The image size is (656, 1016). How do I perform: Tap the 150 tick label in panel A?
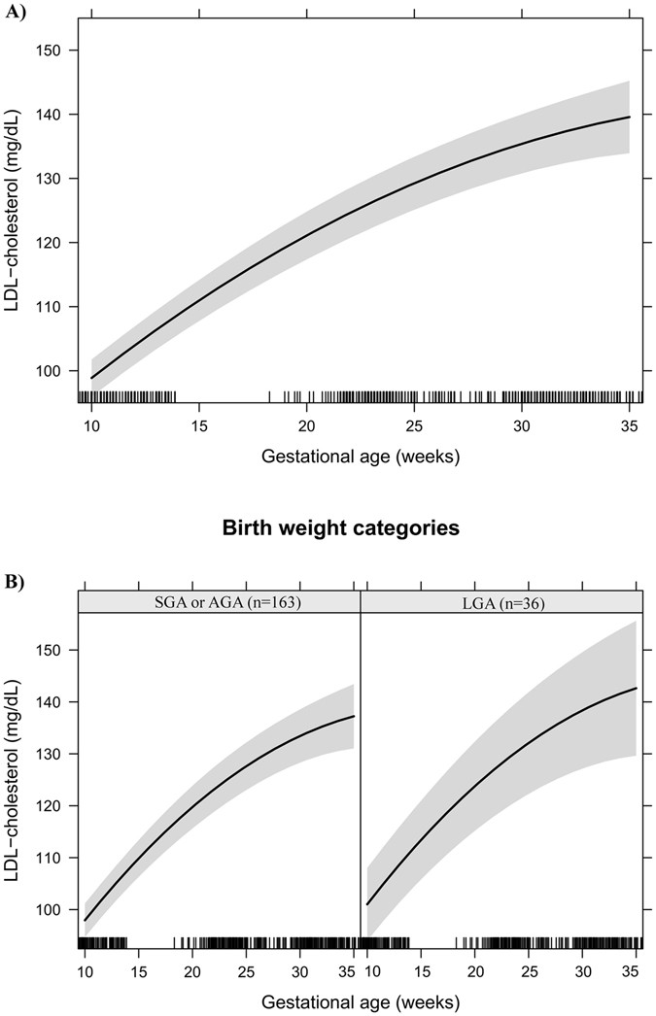click(57, 51)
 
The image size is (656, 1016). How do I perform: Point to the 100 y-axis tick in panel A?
click(57, 371)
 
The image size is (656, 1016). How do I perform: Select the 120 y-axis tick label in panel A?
click(57, 243)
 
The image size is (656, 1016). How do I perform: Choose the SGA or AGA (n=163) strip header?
click(219, 602)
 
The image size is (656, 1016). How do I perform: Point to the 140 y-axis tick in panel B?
click(57, 702)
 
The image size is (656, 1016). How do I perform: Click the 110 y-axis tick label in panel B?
click(57, 858)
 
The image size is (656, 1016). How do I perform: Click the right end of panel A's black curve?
click(629, 117)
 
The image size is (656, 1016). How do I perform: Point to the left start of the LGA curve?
click(367, 904)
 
